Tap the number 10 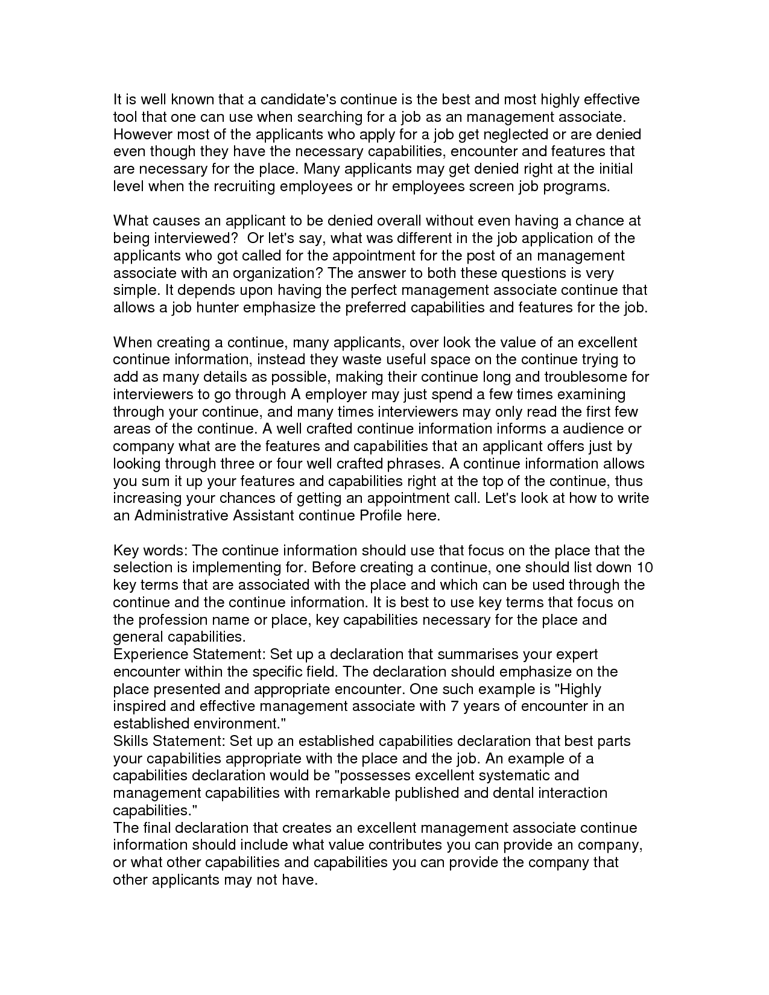point(645,568)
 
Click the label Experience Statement point(188,655)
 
